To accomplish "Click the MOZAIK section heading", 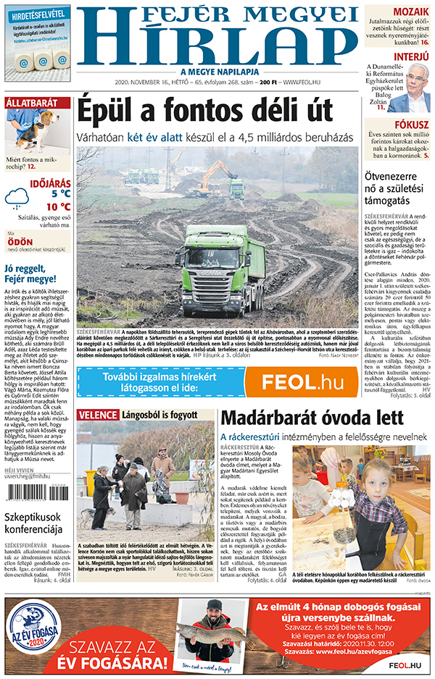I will coord(410,12).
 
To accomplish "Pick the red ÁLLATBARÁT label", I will coord(31,103).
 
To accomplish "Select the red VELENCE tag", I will coord(98,415).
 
